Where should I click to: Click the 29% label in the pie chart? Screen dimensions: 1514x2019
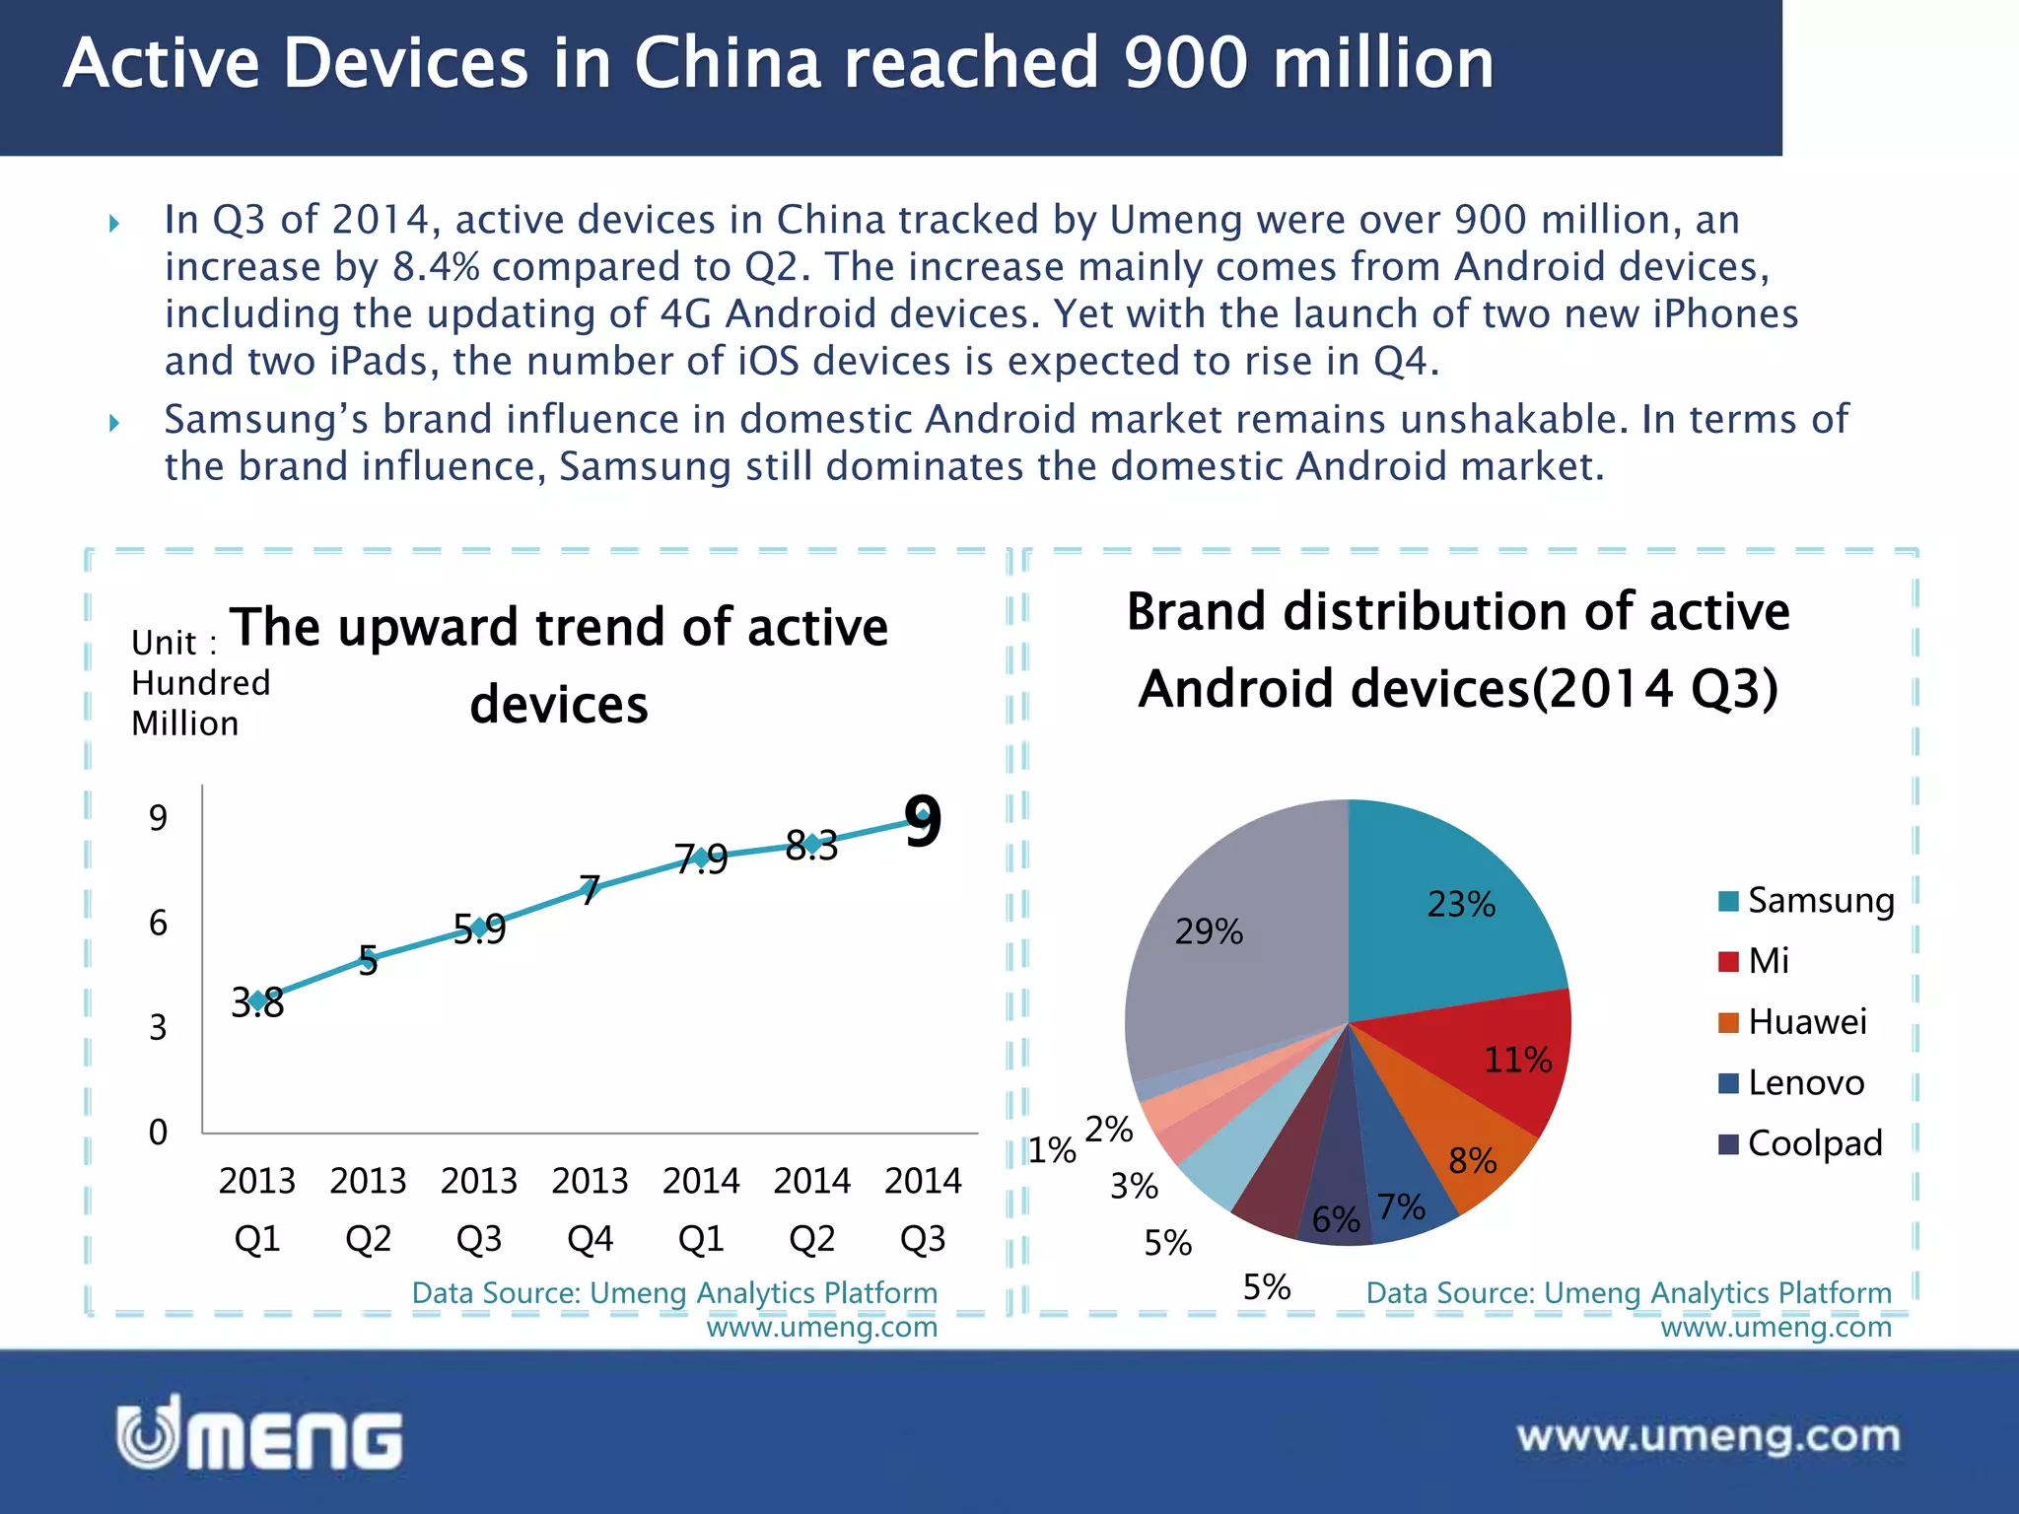click(1209, 931)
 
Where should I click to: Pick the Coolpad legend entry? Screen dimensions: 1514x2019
click(1800, 1143)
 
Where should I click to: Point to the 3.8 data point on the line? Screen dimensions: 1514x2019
click(257, 1001)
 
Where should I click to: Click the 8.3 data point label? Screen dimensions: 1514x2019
click(812, 846)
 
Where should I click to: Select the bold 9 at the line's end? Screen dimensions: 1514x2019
click(923, 821)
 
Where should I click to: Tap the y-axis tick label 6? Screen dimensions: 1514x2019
click(158, 924)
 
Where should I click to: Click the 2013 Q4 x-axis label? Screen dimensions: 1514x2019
click(590, 1208)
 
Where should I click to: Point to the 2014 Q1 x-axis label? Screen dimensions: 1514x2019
click(701, 1208)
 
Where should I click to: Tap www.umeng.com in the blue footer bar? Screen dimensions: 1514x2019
click(1707, 1436)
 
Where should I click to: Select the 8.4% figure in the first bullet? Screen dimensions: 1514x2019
click(435, 267)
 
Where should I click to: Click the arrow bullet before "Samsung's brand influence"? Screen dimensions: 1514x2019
click(114, 423)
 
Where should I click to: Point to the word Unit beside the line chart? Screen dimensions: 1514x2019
click(164, 643)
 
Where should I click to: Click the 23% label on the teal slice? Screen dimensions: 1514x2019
click(1461, 904)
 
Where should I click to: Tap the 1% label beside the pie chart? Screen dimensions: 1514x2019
click(1052, 1150)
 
